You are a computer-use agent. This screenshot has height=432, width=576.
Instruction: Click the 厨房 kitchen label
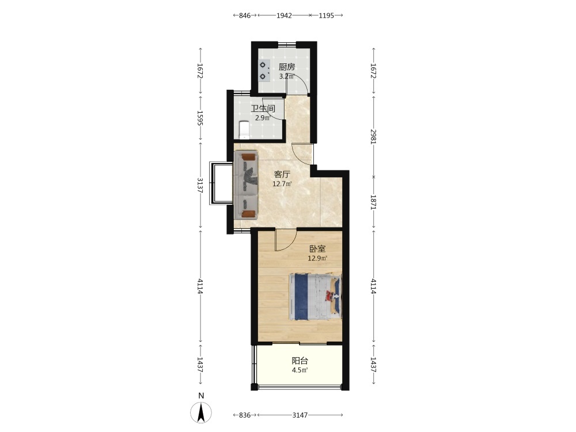pos(286,67)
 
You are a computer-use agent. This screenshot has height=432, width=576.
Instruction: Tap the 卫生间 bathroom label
pos(263,109)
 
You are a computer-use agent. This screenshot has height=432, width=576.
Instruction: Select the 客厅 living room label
pos(282,175)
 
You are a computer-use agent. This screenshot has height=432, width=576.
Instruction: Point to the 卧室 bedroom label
pos(317,249)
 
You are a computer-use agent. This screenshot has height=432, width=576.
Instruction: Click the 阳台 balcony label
pos(300,361)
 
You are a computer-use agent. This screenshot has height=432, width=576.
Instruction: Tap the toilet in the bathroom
pos(244,130)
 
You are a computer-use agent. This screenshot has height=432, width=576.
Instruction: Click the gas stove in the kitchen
pos(264,71)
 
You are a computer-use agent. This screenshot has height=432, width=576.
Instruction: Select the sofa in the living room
pos(246,185)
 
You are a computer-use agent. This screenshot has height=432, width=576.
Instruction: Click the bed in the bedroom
pos(316,297)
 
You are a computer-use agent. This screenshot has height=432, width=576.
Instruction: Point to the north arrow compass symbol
pos(201,412)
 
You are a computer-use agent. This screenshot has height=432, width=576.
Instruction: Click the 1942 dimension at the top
pos(284,16)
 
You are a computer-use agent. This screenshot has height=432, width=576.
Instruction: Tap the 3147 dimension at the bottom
pos(300,415)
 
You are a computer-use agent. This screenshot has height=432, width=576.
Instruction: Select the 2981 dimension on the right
pos(374,137)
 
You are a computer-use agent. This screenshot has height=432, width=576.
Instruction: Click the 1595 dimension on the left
pos(200,118)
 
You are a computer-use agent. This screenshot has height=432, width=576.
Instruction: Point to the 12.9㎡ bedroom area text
pos(317,258)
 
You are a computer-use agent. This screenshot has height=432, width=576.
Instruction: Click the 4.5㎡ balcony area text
pos(300,370)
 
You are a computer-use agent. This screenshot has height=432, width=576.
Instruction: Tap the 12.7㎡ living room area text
pos(282,184)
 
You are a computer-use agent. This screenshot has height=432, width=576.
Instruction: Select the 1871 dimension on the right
pos(374,202)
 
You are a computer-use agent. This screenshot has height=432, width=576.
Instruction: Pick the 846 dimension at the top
pos(245,16)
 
